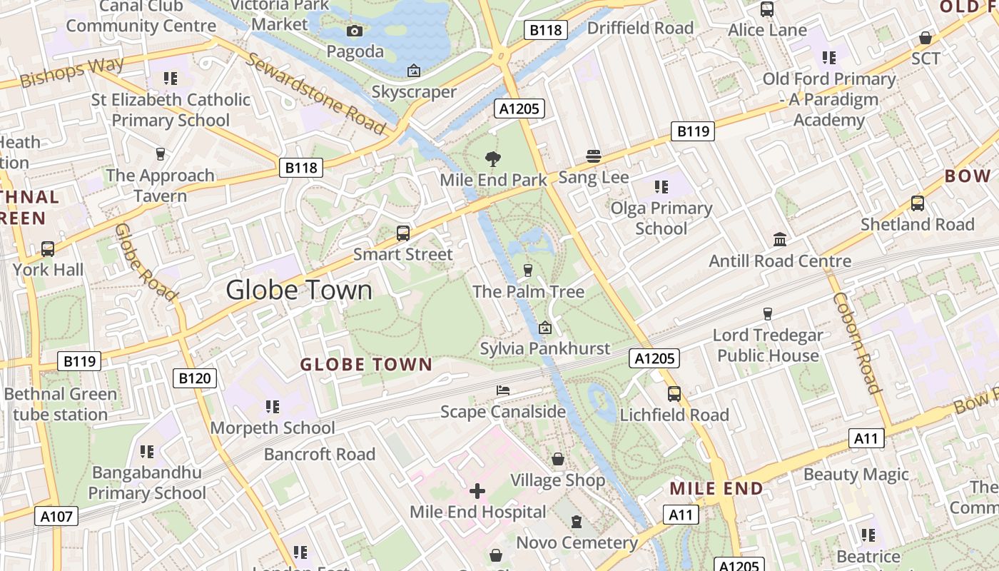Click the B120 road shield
pyautogui.click(x=195, y=378)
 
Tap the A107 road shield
pyautogui.click(x=56, y=515)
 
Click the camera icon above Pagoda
pyautogui.click(x=355, y=31)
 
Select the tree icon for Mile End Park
pyautogui.click(x=492, y=158)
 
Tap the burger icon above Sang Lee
pyautogui.click(x=594, y=156)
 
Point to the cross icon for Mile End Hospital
pyautogui.click(x=477, y=491)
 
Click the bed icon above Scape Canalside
pyautogui.click(x=503, y=390)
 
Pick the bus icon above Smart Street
pyautogui.click(x=403, y=233)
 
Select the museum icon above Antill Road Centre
pyautogui.click(x=780, y=239)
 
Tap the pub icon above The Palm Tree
pyautogui.click(x=528, y=270)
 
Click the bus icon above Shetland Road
pyautogui.click(x=918, y=203)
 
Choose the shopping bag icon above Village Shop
pyautogui.click(x=558, y=459)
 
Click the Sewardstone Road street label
pyautogui.click(x=315, y=92)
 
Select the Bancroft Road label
pyautogui.click(x=319, y=454)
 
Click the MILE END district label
pyautogui.click(x=716, y=489)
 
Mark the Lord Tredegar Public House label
pyautogui.click(x=768, y=345)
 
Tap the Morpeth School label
pyautogui.click(x=273, y=428)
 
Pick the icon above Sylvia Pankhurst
pyautogui.click(x=545, y=328)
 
